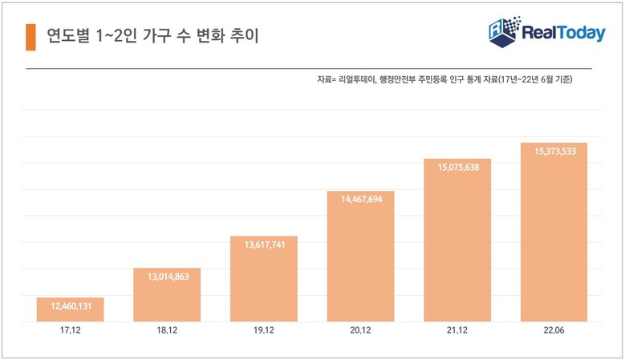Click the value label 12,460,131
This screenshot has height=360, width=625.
coord(70,306)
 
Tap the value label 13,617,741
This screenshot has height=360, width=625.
coord(264,245)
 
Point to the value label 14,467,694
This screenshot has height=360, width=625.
coord(360,200)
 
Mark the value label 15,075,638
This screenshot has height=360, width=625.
coord(457,168)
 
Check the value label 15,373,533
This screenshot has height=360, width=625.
coord(554,152)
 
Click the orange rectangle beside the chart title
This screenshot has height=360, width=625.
coord(30,36)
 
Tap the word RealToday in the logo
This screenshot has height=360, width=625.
coord(564,34)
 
